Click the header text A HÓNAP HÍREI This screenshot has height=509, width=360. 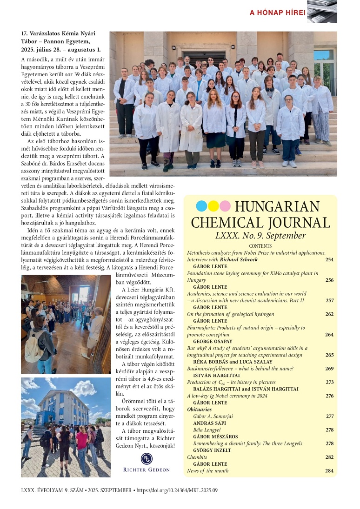click(x=277, y=13)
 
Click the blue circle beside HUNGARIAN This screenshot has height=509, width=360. click(x=201, y=206)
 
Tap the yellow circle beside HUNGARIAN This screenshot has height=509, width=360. click(x=213, y=206)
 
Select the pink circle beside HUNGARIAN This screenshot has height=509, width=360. click(x=225, y=206)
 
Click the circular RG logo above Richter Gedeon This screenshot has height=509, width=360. click(x=147, y=459)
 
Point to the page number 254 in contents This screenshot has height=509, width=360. click(x=329, y=259)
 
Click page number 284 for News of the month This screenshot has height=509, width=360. click(x=329, y=470)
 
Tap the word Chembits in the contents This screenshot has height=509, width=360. click(x=197, y=457)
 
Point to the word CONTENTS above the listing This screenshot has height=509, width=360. click(x=260, y=246)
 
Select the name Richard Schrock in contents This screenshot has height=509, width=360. click(x=233, y=259)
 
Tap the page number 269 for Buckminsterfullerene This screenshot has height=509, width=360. click(x=329, y=368)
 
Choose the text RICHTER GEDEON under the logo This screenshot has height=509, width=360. click(x=147, y=470)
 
